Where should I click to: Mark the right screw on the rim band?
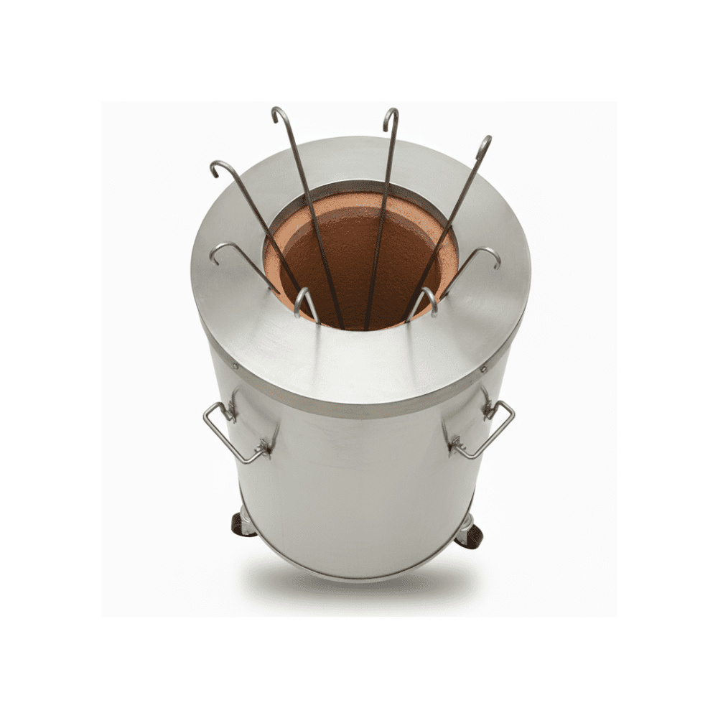(x=484, y=369)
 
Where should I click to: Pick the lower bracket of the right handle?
(x=454, y=448)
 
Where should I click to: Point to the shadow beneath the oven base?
(x=359, y=585)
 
